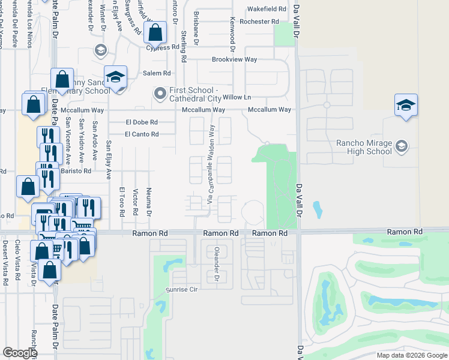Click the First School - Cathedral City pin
(x=160, y=93)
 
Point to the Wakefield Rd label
(x=267, y=10)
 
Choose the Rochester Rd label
(x=259, y=22)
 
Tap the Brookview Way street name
(x=234, y=60)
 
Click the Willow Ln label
(x=237, y=97)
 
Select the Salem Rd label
(x=157, y=73)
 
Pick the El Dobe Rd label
(x=141, y=122)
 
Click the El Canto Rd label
(x=142, y=134)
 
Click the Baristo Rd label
(x=79, y=171)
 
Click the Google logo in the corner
(x=20, y=352)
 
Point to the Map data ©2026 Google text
(x=411, y=355)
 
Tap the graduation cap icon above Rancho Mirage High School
(x=406, y=106)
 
